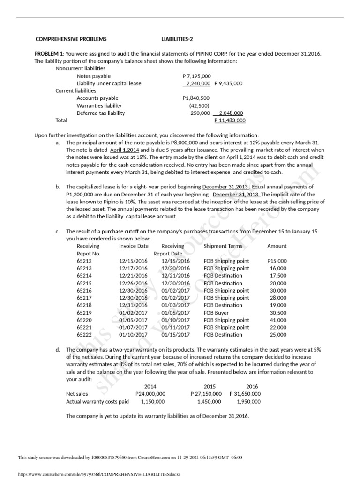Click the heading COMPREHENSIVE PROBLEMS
point(71,39)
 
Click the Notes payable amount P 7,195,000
point(196,76)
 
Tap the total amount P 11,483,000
point(230,120)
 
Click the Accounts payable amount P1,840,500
point(196,98)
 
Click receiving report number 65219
point(84,312)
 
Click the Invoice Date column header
point(134,246)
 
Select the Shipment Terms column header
point(223,246)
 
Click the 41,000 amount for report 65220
point(278,320)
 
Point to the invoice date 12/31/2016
point(134,305)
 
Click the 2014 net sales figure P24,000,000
point(150,394)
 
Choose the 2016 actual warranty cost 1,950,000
point(248,401)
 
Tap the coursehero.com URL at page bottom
point(98,474)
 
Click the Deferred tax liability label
point(101,113)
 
